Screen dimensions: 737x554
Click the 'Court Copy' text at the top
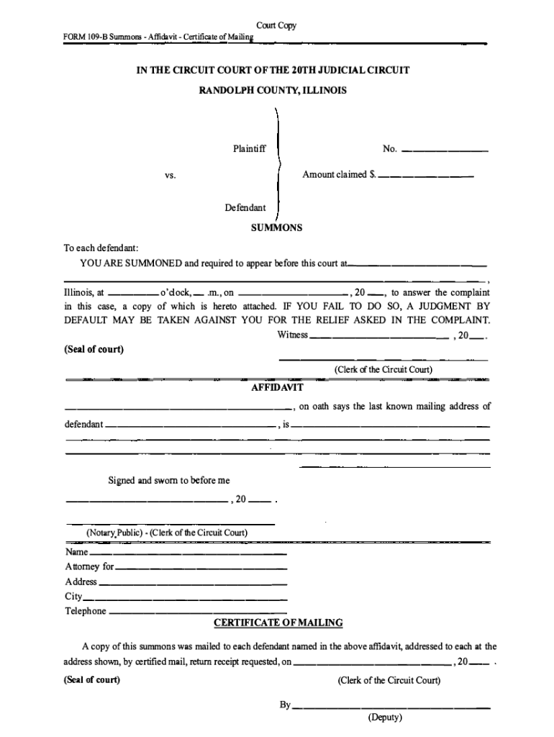pyautogui.click(x=277, y=26)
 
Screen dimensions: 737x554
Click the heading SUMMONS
pyautogui.click(x=276, y=227)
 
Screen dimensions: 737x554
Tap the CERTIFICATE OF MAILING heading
pyautogui.click(x=278, y=623)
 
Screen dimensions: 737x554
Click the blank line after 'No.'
pyautogui.click(x=444, y=151)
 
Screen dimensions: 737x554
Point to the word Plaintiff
pyautogui.click(x=249, y=149)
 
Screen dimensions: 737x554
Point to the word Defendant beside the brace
pyautogui.click(x=245, y=208)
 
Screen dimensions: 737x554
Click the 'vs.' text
pyautogui.click(x=170, y=175)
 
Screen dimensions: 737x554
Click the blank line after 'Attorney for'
pyautogui.click(x=201, y=569)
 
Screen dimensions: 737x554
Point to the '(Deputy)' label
pyautogui.click(x=385, y=718)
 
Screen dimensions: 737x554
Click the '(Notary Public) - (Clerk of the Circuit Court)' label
pyautogui.click(x=168, y=533)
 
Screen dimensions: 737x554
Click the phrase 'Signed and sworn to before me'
pyautogui.click(x=169, y=480)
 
